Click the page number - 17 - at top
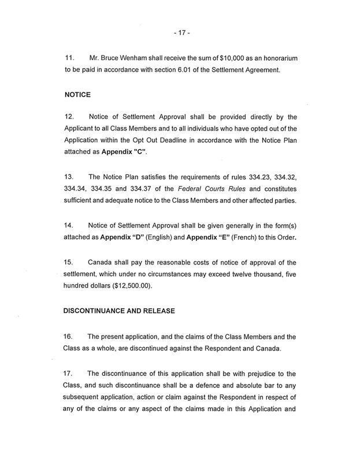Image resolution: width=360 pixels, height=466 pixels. (180, 32)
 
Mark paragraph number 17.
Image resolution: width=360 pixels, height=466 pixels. (70, 366)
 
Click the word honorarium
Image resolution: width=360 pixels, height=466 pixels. (274, 59)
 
